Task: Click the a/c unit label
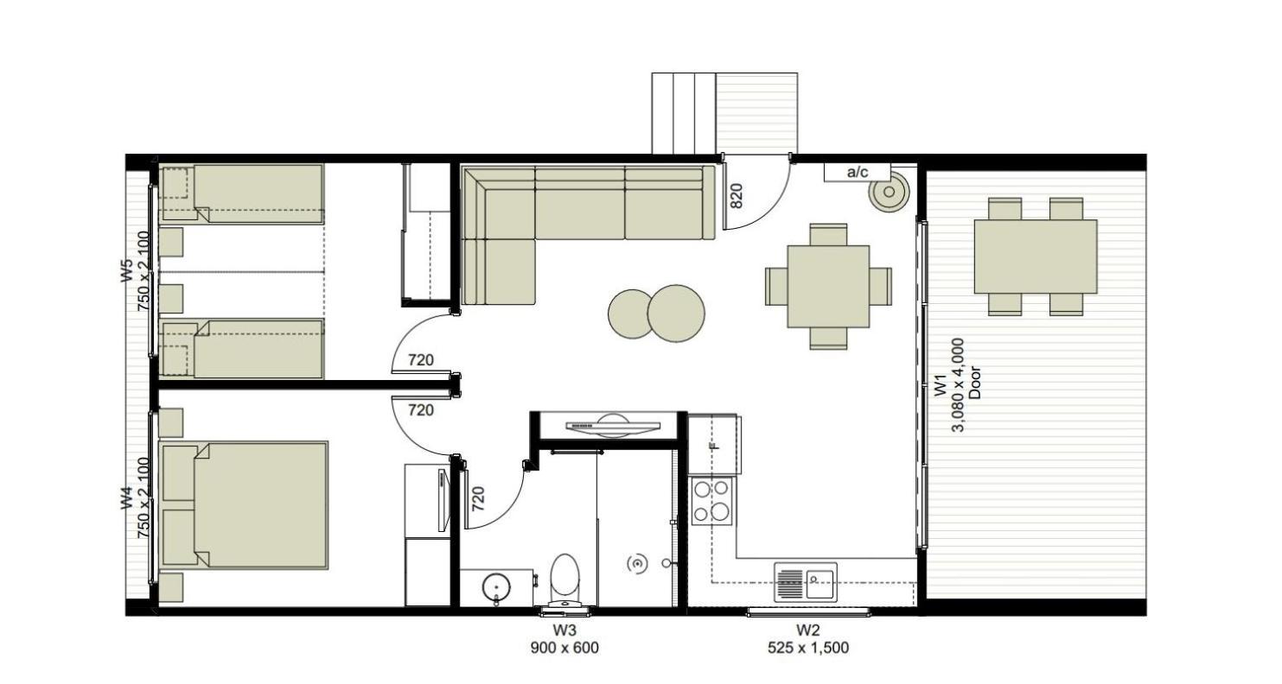(857, 172)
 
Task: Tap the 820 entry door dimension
(737, 195)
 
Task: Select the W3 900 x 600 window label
(564, 639)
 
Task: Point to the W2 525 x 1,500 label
(808, 639)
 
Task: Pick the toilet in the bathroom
(564, 579)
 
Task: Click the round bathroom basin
(495, 587)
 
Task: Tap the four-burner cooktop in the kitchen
(711, 501)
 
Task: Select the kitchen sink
(806, 582)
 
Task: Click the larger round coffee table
(676, 313)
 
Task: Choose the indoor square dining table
(828, 287)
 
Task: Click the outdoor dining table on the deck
(1036, 256)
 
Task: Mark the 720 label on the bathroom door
(478, 498)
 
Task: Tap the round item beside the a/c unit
(889, 193)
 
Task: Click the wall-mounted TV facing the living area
(612, 426)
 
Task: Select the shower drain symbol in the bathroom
(637, 565)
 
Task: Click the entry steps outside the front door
(684, 113)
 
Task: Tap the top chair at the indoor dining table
(828, 235)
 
